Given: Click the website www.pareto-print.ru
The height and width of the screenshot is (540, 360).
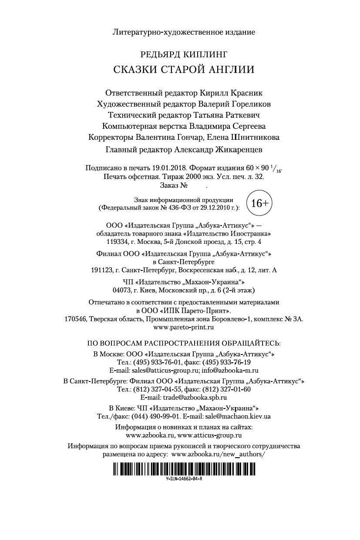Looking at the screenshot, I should click(x=184, y=327).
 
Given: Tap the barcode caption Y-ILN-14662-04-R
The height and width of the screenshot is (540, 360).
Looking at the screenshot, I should click(x=184, y=478).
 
